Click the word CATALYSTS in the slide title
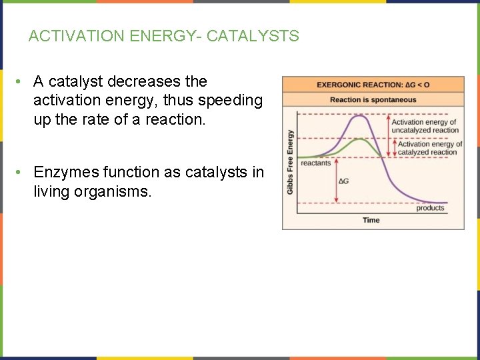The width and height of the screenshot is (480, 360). tap(253, 37)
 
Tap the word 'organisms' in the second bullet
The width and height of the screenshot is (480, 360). tap(117, 193)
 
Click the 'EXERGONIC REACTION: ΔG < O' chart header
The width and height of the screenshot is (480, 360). tap(373, 85)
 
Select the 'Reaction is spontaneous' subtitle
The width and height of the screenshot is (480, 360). tap(373, 100)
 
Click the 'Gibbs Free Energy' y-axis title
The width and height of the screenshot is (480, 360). tap(290, 162)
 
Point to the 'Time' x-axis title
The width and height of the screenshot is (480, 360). tap(371, 220)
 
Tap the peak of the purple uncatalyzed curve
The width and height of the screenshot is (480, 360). tap(360, 116)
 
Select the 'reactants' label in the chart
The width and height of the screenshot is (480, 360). tap(316, 163)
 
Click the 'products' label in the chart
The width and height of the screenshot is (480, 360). tap(430, 208)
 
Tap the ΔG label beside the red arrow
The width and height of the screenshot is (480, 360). tap(345, 181)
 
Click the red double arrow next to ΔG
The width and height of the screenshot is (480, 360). tap(337, 180)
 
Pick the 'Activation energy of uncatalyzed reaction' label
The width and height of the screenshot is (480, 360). tap(425, 126)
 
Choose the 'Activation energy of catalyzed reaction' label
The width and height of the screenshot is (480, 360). tap(429, 148)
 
